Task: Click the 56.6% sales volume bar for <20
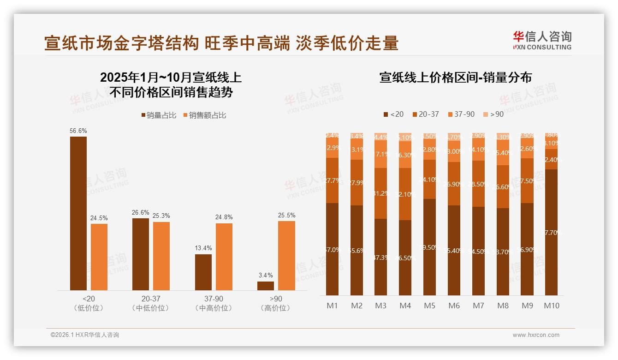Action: (78, 213)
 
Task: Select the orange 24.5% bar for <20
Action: (99, 257)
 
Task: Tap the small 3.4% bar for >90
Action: (266, 286)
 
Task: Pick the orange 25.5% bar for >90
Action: (286, 256)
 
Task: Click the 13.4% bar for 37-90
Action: (203, 272)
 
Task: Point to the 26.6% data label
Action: (141, 212)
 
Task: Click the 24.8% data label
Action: (224, 217)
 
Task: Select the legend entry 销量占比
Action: (158, 115)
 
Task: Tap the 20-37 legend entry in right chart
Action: (425, 114)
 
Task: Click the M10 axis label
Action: (551, 306)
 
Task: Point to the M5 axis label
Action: (429, 306)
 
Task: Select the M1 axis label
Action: (332, 306)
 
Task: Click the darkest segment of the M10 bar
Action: (551, 232)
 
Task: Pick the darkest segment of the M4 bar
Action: (405, 258)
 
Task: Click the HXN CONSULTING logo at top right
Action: (542, 40)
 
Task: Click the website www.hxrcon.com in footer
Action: (536, 335)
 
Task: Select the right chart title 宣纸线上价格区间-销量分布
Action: (456, 78)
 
